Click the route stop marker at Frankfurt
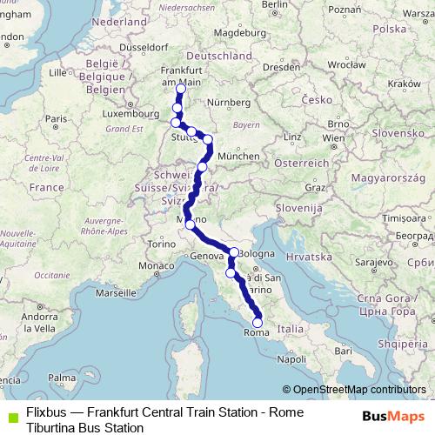pos(180,89)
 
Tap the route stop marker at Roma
pos(257,323)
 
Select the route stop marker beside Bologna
pos(233,252)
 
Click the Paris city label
pos(56,118)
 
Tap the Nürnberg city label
pos(222,102)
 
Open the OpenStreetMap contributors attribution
pos(358,390)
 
